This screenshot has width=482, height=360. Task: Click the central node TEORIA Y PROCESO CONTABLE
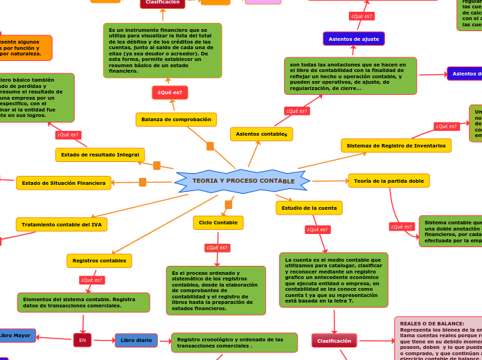pyautogui.click(x=242, y=181)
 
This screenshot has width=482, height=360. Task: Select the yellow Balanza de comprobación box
pyautogui.click(x=176, y=120)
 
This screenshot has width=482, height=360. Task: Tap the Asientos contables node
pyautogui.click(x=261, y=134)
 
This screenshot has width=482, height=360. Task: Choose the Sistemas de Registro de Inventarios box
pyautogui.click(x=395, y=145)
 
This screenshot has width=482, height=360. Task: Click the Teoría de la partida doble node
pyautogui.click(x=389, y=181)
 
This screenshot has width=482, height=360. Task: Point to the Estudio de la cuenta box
pyautogui.click(x=309, y=208)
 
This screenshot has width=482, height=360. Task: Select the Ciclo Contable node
pyautogui.click(x=218, y=223)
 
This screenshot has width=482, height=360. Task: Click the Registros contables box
pyautogui.click(x=99, y=261)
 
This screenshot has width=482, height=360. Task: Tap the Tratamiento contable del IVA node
pyautogui.click(x=62, y=224)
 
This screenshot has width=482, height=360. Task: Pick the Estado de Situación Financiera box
pyautogui.click(x=64, y=183)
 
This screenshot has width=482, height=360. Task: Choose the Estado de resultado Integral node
pyautogui.click(x=100, y=154)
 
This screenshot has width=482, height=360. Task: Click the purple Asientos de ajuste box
pyautogui.click(x=353, y=39)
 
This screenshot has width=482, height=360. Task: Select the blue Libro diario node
pyautogui.click(x=136, y=340)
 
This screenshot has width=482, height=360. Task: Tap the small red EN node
pyautogui.click(x=82, y=340)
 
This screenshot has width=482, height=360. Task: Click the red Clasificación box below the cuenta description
pyautogui.click(x=334, y=341)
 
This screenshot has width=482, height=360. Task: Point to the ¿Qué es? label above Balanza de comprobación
pyautogui.click(x=170, y=93)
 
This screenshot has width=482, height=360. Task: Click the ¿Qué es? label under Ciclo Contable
pyautogui.click(x=217, y=247)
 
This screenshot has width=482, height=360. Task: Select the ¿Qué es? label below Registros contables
pyautogui.click(x=91, y=280)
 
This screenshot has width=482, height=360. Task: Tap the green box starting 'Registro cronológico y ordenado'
pyautogui.click(x=234, y=343)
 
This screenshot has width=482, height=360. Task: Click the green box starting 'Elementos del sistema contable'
pyautogui.click(x=83, y=302)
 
